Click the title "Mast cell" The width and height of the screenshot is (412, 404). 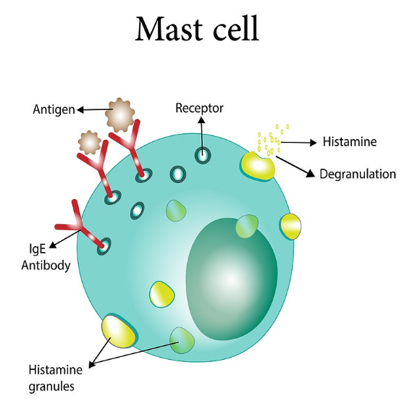pyautogui.click(x=197, y=29)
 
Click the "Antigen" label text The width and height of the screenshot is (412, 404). pyautogui.click(x=54, y=109)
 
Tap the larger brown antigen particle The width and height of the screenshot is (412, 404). pyautogui.click(x=119, y=115)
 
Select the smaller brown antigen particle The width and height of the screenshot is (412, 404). pyautogui.click(x=90, y=143)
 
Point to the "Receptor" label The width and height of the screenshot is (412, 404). pyautogui.click(x=199, y=108)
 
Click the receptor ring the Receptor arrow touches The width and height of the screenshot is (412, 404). pyautogui.click(x=203, y=155)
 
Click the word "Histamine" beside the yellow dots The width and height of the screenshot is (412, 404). pyautogui.click(x=350, y=142)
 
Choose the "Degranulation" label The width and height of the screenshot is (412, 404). pyautogui.click(x=358, y=174)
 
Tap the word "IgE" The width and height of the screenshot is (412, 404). pyautogui.click(x=37, y=249)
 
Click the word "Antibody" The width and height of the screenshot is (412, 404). pyautogui.click(x=46, y=265)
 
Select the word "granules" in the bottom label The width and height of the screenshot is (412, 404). pyautogui.click(x=51, y=387)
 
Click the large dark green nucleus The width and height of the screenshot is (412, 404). pyautogui.click(x=232, y=279)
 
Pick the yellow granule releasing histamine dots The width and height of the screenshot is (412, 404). pyautogui.click(x=257, y=166)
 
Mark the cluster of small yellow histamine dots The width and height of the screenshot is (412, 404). pyautogui.click(x=272, y=140)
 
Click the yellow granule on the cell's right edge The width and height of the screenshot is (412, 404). pyautogui.click(x=290, y=227)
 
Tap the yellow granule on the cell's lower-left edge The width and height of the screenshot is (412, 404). pyautogui.click(x=119, y=331)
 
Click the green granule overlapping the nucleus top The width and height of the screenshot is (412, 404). pyautogui.click(x=247, y=226)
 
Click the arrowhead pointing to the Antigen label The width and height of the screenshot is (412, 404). pyautogui.click(x=80, y=110)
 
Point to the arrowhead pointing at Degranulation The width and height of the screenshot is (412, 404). pyautogui.click(x=311, y=173)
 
